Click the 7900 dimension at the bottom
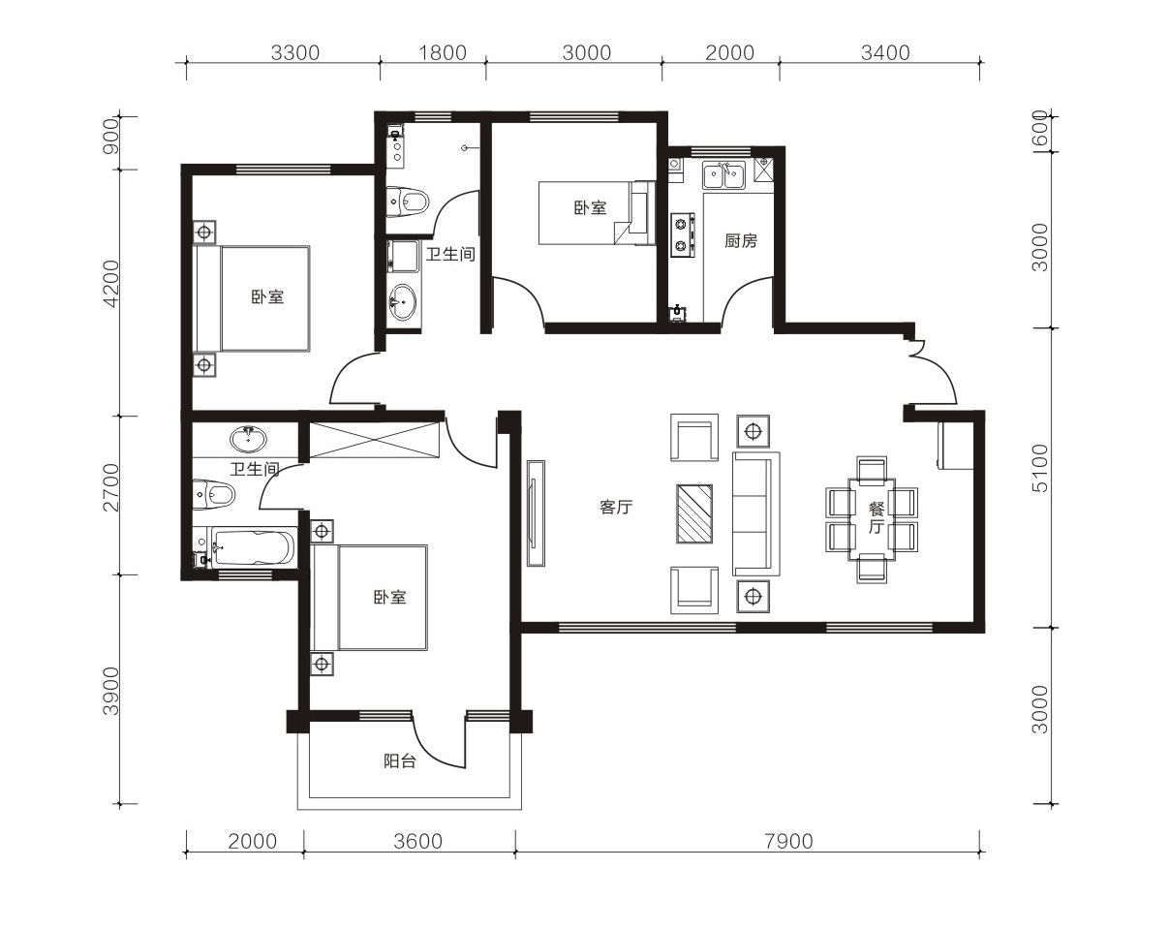(x=788, y=842)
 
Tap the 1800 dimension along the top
(x=443, y=52)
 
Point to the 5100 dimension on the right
(x=1040, y=469)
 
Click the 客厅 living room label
(x=616, y=507)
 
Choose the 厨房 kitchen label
(x=741, y=241)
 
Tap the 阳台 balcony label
(x=400, y=761)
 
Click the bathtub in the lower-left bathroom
(x=253, y=547)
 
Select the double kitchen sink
(x=723, y=174)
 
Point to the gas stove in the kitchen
(x=682, y=234)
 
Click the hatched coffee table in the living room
(x=694, y=513)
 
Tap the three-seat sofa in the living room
(x=755, y=513)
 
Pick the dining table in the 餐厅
(x=872, y=519)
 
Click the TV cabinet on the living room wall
(x=536, y=513)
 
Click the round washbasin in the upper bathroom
(x=402, y=300)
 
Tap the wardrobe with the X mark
(x=374, y=440)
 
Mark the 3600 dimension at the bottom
(x=417, y=842)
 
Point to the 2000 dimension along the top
(x=729, y=52)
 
